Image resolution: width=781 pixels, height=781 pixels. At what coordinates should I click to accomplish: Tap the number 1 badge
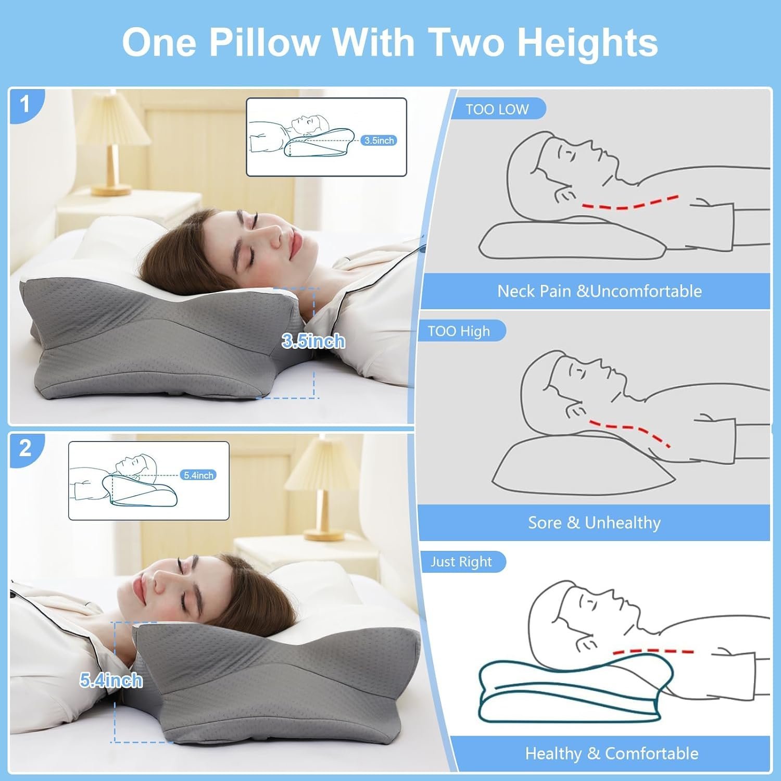[25, 105]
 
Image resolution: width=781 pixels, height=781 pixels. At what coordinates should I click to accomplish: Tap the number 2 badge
[25, 448]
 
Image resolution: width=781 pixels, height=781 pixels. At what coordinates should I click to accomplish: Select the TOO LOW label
[497, 109]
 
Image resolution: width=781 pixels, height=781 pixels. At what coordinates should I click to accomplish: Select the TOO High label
[459, 331]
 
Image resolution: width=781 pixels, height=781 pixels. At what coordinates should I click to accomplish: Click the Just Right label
[461, 562]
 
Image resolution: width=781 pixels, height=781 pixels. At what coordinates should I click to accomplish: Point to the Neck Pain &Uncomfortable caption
[599, 291]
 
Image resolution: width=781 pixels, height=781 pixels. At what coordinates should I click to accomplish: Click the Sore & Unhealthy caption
[594, 522]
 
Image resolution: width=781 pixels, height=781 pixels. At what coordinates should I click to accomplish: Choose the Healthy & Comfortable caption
[612, 753]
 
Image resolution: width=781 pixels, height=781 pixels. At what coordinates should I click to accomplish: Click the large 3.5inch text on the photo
[313, 342]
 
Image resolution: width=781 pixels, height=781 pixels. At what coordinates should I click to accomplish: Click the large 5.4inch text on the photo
[111, 681]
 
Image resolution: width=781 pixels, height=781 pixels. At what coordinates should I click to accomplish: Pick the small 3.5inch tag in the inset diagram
[379, 141]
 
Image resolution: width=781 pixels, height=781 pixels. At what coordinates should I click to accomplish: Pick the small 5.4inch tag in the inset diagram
[198, 475]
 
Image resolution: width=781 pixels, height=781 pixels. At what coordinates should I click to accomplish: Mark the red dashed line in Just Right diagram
[653, 651]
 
